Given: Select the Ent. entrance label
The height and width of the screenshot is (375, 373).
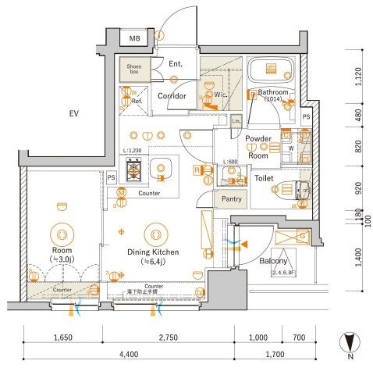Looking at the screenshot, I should [175, 63].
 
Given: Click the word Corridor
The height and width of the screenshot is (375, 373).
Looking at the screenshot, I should [171, 96].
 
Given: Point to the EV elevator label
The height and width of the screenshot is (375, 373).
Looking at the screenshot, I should [74, 114].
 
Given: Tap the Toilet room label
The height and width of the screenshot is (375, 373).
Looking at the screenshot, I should [263, 177].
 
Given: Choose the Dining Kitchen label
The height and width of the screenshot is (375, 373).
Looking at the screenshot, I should [154, 252].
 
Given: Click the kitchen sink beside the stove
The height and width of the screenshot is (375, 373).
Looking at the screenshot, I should [162, 167].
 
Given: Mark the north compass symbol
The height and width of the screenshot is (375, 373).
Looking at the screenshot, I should [350, 344].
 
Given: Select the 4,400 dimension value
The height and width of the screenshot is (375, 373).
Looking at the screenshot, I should [130, 354].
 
